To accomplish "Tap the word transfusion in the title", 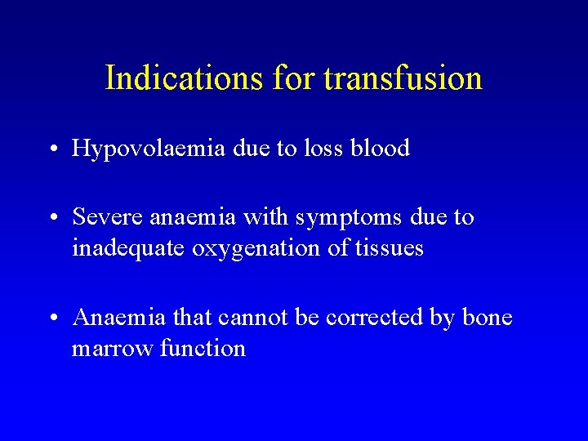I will coord(403,78).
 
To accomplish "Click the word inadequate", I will coord(128,248).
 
